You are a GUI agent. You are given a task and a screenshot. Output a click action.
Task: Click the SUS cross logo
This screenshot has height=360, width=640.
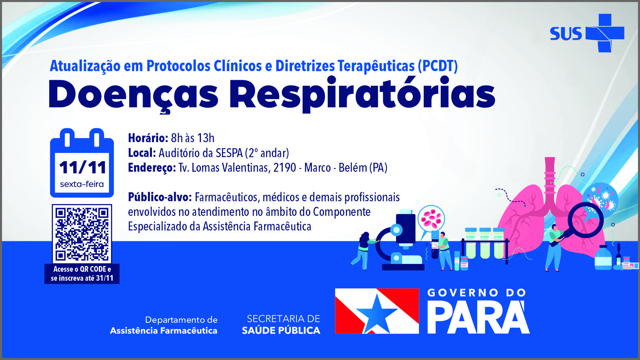click(605, 33)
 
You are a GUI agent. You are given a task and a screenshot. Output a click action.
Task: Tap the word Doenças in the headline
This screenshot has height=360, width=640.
click(133, 95)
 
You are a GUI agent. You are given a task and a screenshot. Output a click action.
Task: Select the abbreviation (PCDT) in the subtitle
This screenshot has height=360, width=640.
click(437, 66)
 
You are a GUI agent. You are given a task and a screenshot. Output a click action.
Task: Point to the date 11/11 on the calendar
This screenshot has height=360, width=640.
click(82, 167)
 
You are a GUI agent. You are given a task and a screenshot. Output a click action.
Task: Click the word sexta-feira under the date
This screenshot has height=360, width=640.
click(82, 184)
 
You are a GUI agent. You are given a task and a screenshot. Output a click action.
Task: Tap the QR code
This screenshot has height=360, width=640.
click(82, 233)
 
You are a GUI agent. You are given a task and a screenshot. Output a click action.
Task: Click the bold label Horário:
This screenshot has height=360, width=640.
click(148, 138)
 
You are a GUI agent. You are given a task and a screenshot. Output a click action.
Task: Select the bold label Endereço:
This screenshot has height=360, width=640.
click(152, 168)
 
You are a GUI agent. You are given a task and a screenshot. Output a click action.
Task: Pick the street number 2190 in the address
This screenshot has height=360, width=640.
click(285, 168)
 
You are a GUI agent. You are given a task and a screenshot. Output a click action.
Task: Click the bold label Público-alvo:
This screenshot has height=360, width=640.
click(160, 198)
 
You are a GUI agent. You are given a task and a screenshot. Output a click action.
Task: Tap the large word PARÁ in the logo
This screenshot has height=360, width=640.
click(478, 317)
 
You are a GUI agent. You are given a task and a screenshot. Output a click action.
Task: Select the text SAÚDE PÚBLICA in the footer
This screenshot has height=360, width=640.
click(281, 330)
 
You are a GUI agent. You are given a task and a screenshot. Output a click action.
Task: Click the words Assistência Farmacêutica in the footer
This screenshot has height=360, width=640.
click(164, 331)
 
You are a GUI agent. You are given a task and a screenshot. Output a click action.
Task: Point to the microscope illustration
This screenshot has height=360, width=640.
click(400, 240)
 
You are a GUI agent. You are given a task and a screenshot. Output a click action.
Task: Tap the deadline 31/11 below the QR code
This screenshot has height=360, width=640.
click(105, 278)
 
